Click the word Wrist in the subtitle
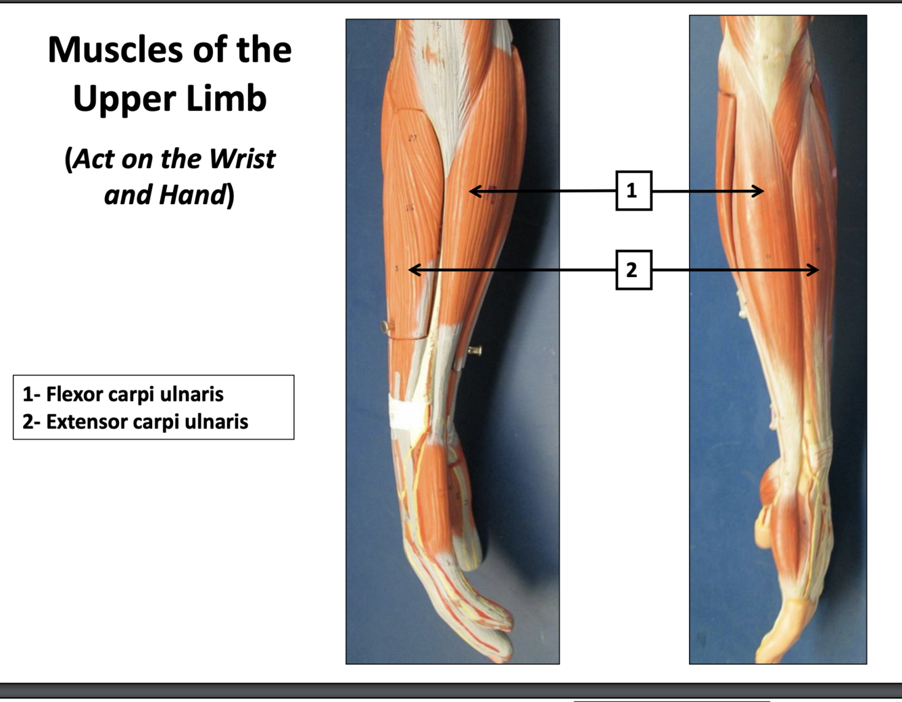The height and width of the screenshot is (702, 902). coord(241,159)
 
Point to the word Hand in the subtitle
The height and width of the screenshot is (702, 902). coord(192,195)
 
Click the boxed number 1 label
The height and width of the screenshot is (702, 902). coord(633,191)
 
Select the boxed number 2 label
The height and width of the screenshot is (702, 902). coord(633,270)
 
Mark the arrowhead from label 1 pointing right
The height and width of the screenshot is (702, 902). coord(760,191)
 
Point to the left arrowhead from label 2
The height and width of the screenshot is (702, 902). coord(413,270)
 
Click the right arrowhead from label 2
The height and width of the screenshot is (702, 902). coord(815,270)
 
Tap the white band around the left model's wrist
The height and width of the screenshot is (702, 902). coord(407,411)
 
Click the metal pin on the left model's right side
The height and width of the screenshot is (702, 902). coord(475,351)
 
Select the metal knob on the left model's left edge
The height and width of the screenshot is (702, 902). coord(386,327)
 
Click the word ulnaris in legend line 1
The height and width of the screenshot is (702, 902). coord(197,394)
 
